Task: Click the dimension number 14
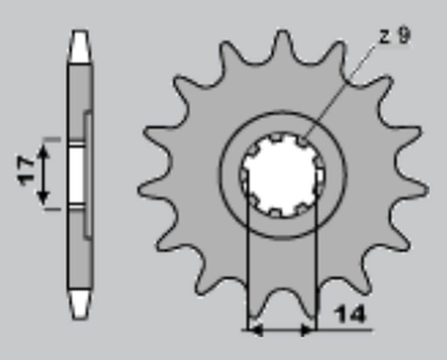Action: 351,315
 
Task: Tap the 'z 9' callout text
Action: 395,36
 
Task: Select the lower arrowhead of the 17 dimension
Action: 43,197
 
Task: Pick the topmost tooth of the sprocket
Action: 282,43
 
